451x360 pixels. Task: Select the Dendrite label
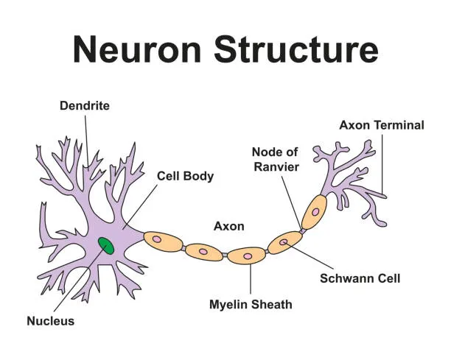click(84, 106)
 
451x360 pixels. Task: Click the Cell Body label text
click(185, 176)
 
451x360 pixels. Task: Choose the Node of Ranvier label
click(275, 159)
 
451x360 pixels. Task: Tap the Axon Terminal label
click(381, 125)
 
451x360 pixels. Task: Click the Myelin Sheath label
click(251, 304)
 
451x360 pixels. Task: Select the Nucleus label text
click(50, 321)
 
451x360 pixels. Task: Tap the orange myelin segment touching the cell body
click(162, 239)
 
